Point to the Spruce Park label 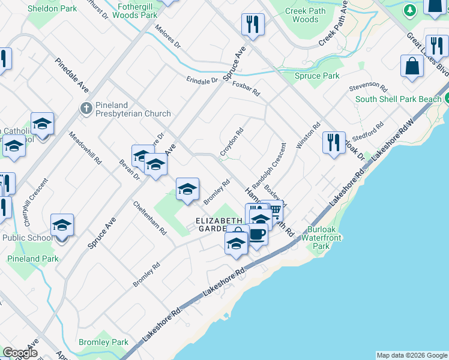pos(317,76)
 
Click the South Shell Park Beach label pos(398,99)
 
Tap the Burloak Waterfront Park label pos(325,238)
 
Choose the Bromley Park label pos(103,342)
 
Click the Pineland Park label pos(33,259)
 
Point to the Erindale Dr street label pos(202,80)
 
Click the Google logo pos(20,353)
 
